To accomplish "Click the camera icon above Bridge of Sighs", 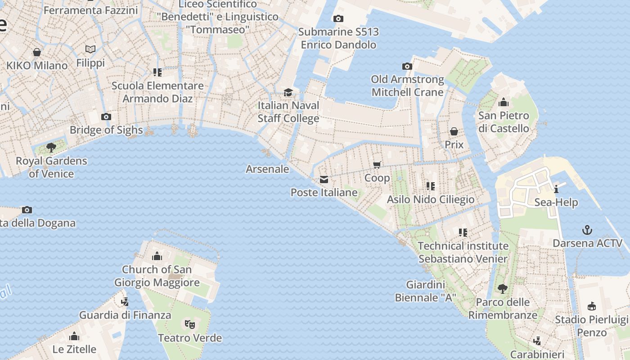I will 106,117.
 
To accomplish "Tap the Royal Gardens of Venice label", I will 51,167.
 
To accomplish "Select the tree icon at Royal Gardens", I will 51,147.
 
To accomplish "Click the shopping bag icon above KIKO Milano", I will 37,52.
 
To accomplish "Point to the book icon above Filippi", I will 90,49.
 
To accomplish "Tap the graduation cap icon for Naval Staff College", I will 288,93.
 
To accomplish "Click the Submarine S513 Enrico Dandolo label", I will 338,38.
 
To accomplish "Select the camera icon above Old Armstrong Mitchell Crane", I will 407,67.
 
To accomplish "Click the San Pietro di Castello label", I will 504,122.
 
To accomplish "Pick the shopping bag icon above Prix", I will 454,131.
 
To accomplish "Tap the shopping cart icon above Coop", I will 377,165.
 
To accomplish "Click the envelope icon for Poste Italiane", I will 324,180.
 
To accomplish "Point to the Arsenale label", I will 267,169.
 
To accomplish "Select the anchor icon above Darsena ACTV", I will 587,230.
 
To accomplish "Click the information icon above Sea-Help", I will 556,189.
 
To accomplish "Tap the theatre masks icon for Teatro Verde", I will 190,324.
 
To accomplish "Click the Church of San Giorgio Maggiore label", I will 157,276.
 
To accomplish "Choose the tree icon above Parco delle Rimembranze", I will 503,289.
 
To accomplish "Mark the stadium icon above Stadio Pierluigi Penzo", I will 592,306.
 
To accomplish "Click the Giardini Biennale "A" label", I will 426,291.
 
